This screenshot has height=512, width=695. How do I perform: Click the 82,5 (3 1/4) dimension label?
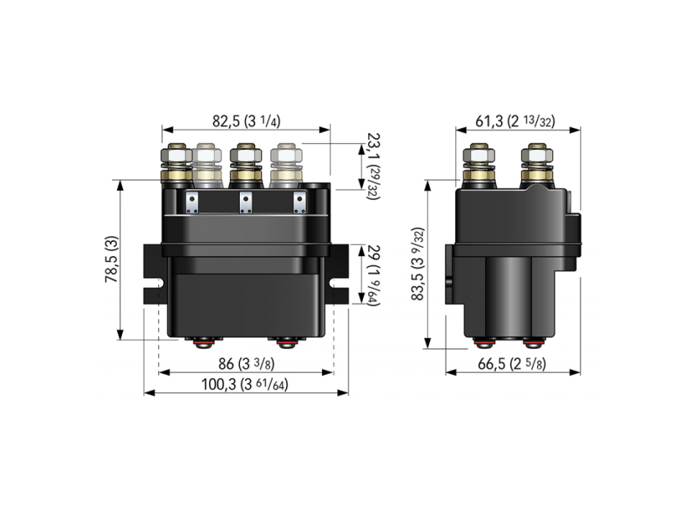click(x=246, y=121)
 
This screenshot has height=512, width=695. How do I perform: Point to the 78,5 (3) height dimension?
click(x=110, y=260)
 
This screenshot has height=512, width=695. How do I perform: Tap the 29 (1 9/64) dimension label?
click(x=375, y=274)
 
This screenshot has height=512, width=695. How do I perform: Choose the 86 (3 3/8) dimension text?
click(x=246, y=364)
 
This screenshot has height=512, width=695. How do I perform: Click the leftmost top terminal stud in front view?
click(x=176, y=165)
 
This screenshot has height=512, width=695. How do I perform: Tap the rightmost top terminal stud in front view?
click(x=286, y=165)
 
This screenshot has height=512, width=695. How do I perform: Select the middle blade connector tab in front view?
click(x=246, y=203)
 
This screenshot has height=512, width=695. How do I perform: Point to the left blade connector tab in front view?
click(x=192, y=203)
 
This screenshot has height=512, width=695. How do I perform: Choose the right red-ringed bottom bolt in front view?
click(x=285, y=341)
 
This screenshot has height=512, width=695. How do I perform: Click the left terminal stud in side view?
click(x=480, y=165)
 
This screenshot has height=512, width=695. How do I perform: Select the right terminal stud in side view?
click(x=536, y=165)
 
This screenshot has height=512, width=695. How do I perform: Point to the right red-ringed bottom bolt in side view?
click(x=533, y=342)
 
